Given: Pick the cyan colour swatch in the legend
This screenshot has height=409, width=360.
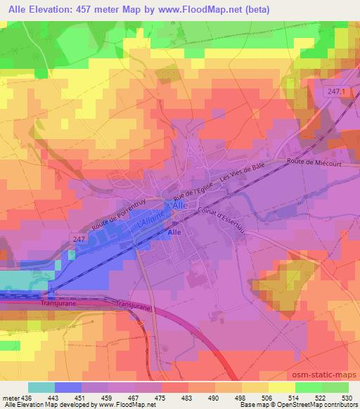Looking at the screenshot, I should coord(41,387).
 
